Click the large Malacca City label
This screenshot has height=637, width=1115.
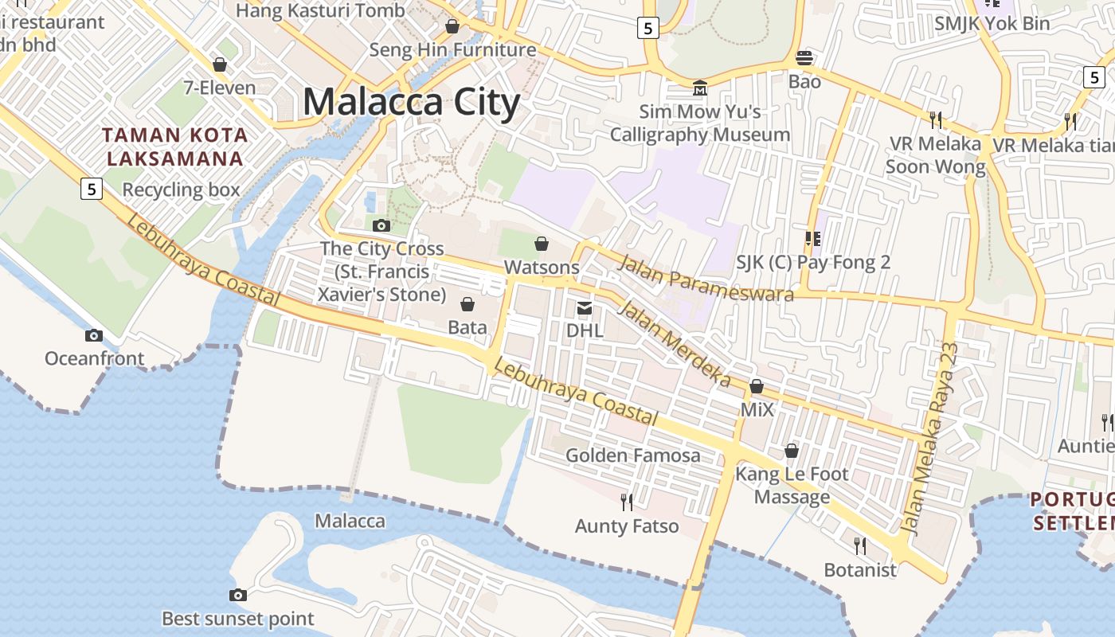coord(411,103)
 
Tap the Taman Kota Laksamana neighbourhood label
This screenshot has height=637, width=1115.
coord(175,147)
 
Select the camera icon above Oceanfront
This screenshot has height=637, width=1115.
coord(94,336)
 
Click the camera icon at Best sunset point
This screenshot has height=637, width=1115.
coord(237,595)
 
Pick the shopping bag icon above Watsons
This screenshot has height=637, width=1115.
coord(542,244)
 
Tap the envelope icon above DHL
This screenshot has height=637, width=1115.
coord(585,307)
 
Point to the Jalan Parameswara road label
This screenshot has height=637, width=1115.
coord(706,279)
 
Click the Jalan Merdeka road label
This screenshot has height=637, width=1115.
coord(673,342)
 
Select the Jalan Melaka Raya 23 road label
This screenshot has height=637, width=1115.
coord(930,439)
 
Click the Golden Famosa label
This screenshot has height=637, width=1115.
coord(633,455)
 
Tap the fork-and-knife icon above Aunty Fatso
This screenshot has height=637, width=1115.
coord(627,502)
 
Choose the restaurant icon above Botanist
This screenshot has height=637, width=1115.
coord(860,545)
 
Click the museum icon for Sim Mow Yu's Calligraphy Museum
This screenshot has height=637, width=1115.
coord(700,87)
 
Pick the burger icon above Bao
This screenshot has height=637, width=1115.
coord(804,58)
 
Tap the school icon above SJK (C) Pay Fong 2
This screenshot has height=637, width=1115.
coord(812,238)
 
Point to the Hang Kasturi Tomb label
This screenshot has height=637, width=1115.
coord(320,11)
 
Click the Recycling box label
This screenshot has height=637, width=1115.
coord(181,190)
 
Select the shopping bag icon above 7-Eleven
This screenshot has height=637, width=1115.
coord(219,64)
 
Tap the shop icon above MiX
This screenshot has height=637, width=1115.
coord(757,387)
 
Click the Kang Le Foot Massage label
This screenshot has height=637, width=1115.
coord(792,486)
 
